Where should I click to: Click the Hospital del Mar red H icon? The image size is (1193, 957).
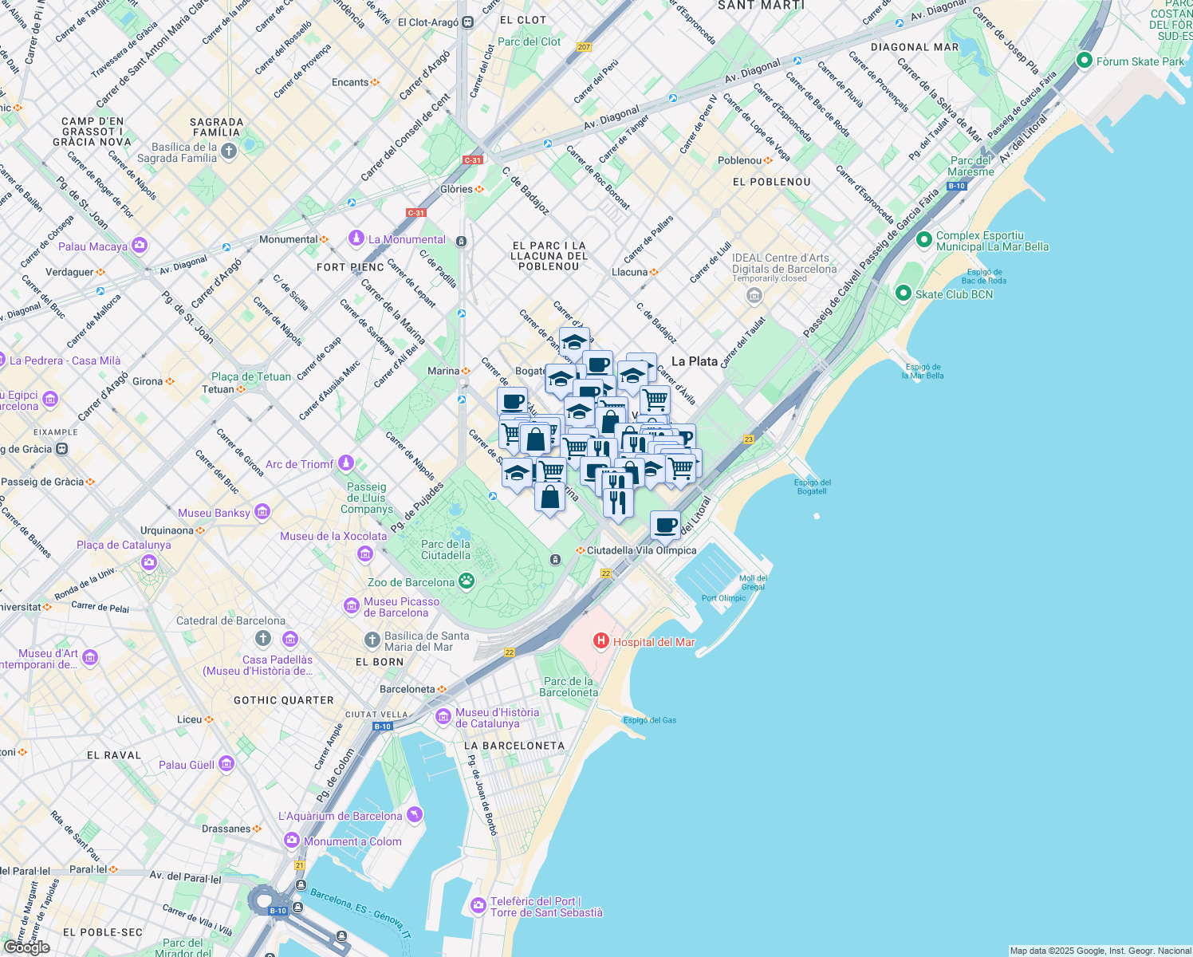click(x=600, y=641)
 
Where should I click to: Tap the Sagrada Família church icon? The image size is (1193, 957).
click(x=229, y=152)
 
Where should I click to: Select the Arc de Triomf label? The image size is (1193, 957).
click(x=300, y=464)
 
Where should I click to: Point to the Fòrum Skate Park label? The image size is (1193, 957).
click(x=1140, y=61)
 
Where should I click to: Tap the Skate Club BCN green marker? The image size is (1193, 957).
click(x=903, y=294)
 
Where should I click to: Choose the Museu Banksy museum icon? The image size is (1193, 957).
click(x=262, y=512)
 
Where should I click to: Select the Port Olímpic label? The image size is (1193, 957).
click(x=723, y=598)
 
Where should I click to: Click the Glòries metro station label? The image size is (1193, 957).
click(x=457, y=189)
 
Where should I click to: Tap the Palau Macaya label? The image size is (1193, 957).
click(x=93, y=246)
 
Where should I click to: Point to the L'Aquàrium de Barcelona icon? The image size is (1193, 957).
click(x=414, y=815)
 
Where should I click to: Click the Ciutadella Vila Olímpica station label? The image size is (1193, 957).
click(x=641, y=550)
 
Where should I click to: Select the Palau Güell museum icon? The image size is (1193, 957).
click(x=226, y=764)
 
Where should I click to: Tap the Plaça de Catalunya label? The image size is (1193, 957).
click(x=124, y=545)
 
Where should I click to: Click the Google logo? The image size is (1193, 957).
click(x=27, y=947)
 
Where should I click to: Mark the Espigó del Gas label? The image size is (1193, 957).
click(x=649, y=720)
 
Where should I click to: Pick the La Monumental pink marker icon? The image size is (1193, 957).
click(x=356, y=238)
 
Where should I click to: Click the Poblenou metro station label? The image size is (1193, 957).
click(x=739, y=160)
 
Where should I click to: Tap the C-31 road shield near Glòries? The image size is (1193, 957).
click(x=473, y=159)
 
